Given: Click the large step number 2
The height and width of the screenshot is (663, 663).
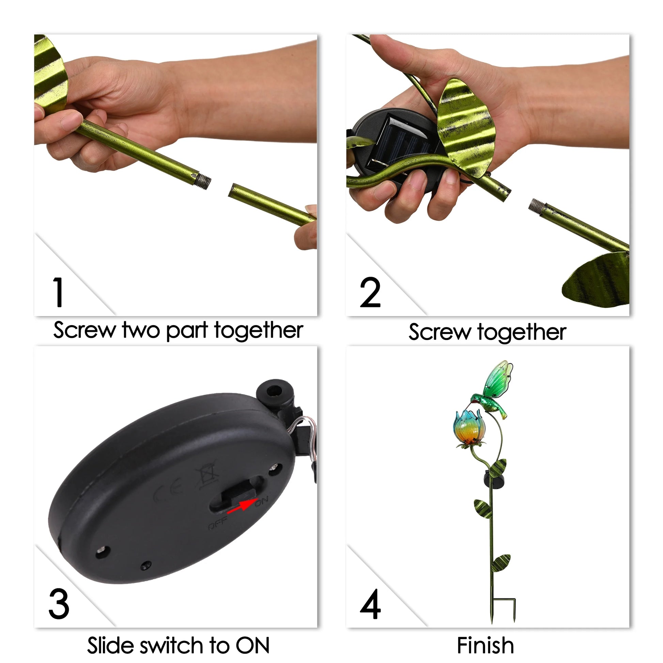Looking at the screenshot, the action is [370, 292].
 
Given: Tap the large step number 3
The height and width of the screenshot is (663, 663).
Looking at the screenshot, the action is [59, 604].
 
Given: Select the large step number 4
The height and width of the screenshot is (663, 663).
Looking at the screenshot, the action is [370, 604].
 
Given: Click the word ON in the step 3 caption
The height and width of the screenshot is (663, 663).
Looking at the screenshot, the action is [252, 645].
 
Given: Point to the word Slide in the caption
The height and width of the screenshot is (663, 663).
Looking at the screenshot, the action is [111, 645].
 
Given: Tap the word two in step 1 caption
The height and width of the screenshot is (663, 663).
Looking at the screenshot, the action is [141, 330].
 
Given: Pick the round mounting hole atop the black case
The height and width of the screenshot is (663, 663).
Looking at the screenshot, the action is [274, 390].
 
